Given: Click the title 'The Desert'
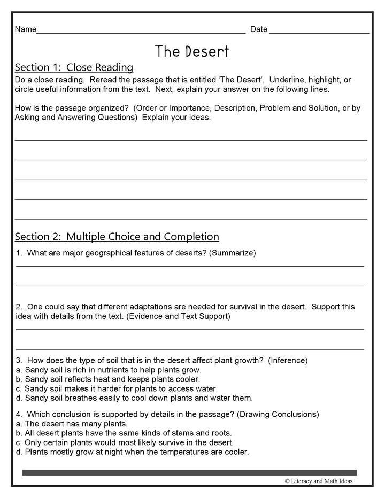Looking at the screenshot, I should pyautogui.click(x=192, y=51).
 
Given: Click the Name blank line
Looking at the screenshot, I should pyautogui.click(x=141, y=32).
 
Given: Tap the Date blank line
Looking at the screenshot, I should pyautogui.click(x=319, y=32).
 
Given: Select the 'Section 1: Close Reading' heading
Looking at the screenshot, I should pyautogui.click(x=74, y=68).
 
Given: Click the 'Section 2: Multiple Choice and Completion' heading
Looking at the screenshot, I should pyautogui.click(x=117, y=237).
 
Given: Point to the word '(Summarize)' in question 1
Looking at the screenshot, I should pyautogui.click(x=233, y=253).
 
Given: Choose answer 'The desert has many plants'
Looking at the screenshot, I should pyautogui.click(x=71, y=424).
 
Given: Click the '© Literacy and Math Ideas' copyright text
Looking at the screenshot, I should pyautogui.click(x=319, y=481).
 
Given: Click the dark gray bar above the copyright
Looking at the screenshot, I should pyautogui.click(x=189, y=472).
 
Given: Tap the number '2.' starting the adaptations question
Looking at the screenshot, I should pyautogui.click(x=19, y=307).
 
